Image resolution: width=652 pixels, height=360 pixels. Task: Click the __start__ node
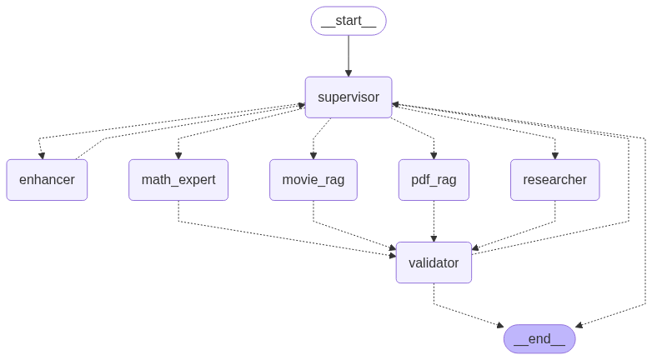pyautogui.click(x=349, y=21)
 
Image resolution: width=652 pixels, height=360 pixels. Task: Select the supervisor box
pyautogui.click(x=349, y=97)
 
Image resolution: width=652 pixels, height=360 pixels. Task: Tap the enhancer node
pyautogui.click(x=47, y=180)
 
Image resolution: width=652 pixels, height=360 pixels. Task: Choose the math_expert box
pyautogui.click(x=178, y=180)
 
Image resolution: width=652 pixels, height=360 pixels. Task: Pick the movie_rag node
pyautogui.click(x=313, y=180)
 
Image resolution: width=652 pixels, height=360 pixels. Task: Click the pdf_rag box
pyautogui.click(x=434, y=180)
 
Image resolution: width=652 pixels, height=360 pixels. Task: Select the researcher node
pyautogui.click(x=554, y=180)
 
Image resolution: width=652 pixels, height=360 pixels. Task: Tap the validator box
pyautogui.click(x=434, y=262)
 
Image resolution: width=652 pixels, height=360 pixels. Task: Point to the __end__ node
pyautogui.click(x=539, y=339)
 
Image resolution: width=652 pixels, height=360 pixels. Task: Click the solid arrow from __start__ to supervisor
pyautogui.click(x=349, y=55)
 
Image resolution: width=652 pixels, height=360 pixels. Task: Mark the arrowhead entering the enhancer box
pyautogui.click(x=42, y=155)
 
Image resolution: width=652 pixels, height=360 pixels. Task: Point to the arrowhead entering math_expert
pyautogui.click(x=178, y=155)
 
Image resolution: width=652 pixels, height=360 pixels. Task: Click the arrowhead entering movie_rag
pyautogui.click(x=313, y=155)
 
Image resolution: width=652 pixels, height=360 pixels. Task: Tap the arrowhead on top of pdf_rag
pyautogui.click(x=434, y=155)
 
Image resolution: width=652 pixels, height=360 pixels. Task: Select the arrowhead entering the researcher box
pyautogui.click(x=554, y=155)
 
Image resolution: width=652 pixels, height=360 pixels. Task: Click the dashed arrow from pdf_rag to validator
pyautogui.click(x=434, y=221)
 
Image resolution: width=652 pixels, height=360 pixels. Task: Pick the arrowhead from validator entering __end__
pyautogui.click(x=500, y=324)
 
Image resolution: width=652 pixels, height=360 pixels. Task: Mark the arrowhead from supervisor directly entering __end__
pyautogui.click(x=579, y=325)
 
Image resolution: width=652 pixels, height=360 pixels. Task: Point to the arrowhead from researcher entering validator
pyautogui.click(x=475, y=248)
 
